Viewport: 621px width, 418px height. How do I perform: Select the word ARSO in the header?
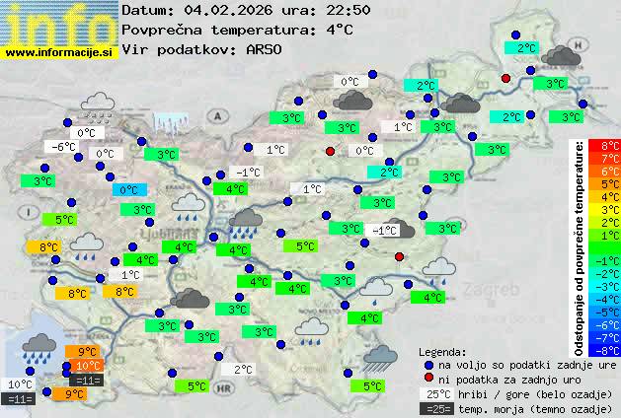(267, 48)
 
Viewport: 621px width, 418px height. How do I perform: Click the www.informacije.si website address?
(59, 51)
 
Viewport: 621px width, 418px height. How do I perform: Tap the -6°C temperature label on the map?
(63, 147)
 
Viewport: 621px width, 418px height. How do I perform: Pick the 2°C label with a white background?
(243, 370)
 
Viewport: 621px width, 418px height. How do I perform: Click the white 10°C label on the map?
(20, 384)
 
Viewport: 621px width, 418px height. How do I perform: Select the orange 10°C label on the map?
(88, 366)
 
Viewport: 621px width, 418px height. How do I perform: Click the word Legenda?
(441, 351)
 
